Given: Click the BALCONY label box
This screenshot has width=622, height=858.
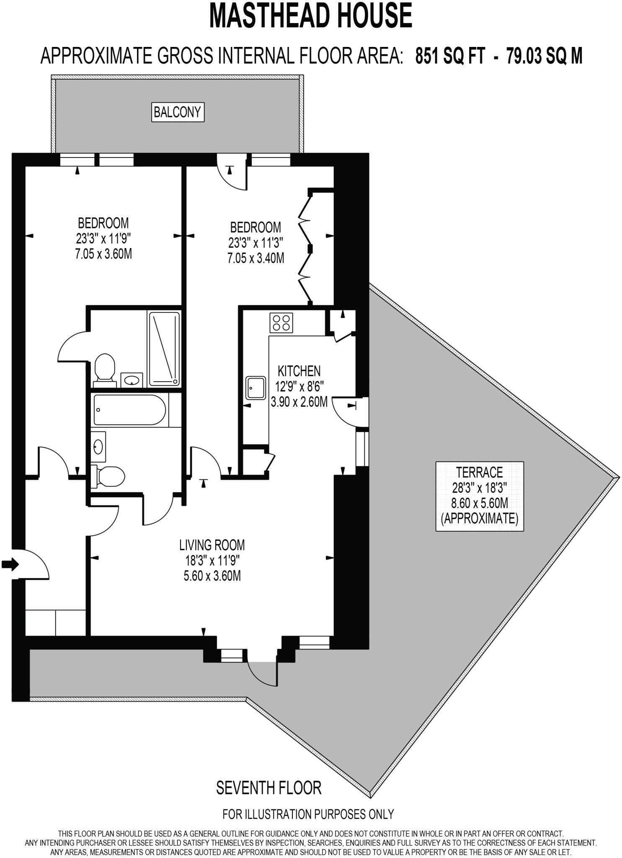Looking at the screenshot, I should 178,112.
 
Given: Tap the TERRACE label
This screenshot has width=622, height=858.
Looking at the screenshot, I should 479,473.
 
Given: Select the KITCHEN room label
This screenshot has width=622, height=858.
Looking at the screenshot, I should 299,371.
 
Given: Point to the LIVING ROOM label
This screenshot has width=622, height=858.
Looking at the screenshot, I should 212,545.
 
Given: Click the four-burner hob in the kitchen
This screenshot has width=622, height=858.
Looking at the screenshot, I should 281,323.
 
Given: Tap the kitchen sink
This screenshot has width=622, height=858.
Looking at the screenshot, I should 256,388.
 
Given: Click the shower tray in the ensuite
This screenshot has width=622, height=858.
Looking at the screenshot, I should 164,349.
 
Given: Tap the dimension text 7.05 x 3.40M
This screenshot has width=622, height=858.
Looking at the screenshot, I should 256,258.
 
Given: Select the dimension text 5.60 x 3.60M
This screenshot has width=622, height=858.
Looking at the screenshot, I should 212,576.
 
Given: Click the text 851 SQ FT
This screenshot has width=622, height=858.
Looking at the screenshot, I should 450,55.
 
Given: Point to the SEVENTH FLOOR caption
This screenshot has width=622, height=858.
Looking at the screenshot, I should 268,788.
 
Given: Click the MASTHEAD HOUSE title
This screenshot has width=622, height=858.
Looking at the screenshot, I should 311,16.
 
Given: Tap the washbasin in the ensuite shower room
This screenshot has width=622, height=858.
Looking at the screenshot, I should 132,380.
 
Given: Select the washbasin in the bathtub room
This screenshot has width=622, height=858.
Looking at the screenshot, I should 98,447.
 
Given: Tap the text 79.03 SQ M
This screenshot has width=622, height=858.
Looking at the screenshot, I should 544,55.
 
